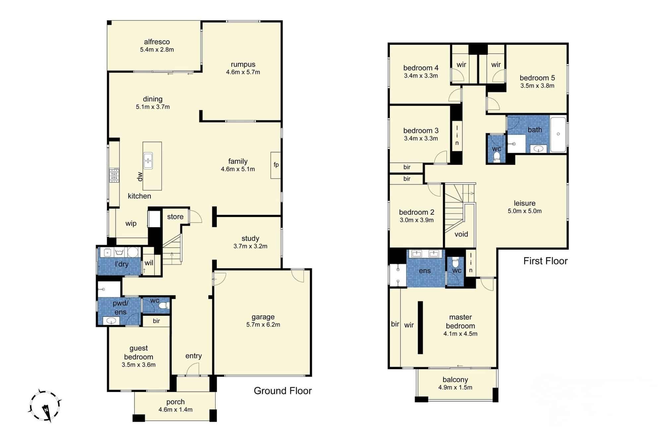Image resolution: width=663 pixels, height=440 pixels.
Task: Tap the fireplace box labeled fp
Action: click(x=276, y=165)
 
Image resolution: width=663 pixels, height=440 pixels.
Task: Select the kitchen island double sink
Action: click(x=148, y=161)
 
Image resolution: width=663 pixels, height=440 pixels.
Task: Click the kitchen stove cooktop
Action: click(x=114, y=175)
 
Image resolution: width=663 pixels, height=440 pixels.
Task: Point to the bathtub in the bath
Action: click(x=558, y=134)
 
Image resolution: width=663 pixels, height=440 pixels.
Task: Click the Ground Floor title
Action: click(x=283, y=391)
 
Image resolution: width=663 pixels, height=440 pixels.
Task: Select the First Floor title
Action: click(x=546, y=261)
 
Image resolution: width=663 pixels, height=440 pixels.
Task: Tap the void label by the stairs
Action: click(x=461, y=234)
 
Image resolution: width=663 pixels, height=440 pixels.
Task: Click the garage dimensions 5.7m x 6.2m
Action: click(x=263, y=325)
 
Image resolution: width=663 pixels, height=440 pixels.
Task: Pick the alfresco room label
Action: click(x=157, y=42)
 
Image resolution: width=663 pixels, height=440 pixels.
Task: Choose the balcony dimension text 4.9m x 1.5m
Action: click(x=455, y=387)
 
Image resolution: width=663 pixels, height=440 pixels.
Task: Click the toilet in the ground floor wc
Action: click(x=163, y=305)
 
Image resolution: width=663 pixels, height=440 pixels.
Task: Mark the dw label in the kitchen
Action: click(x=140, y=177)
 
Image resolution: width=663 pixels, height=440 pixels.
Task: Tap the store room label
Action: click(x=175, y=217)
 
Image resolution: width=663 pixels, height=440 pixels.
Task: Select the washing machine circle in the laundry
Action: click(x=133, y=252)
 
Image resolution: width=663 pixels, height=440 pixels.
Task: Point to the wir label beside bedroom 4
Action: click(x=461, y=65)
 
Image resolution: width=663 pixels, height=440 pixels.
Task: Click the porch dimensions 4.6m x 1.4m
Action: click(x=176, y=410)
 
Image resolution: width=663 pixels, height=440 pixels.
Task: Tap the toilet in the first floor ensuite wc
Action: click(x=456, y=263)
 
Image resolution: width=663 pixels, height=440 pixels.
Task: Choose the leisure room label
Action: click(x=525, y=203)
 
